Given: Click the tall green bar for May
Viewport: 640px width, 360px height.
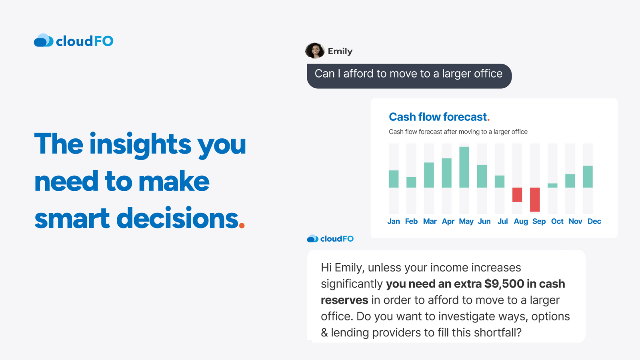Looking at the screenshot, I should tap(464, 167).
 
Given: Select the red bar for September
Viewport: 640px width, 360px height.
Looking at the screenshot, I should tap(535, 199).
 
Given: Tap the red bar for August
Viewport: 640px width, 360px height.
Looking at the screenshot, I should tap(517, 194).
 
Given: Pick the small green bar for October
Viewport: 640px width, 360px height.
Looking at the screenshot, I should tap(552, 185).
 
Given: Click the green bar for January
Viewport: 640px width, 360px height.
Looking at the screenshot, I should tap(394, 179).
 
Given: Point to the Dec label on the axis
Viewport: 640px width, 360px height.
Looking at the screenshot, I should tap(594, 221).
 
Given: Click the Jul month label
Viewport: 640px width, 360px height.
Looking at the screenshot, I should tap(502, 221).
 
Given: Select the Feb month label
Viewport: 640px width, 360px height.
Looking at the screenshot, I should tap(411, 221).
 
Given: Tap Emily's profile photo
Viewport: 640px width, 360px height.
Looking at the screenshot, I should tap(315, 51).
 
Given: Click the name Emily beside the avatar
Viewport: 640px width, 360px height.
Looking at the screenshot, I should tap(340, 51).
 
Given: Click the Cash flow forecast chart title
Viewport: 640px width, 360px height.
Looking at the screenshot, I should tap(438, 117).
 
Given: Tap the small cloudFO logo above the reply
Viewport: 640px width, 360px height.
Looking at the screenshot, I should tap(330, 239).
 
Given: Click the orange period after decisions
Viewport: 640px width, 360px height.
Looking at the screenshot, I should tap(242, 226).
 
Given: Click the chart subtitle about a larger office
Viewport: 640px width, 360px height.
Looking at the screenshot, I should tap(458, 132).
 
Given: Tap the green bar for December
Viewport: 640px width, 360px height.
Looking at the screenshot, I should tap(588, 176).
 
